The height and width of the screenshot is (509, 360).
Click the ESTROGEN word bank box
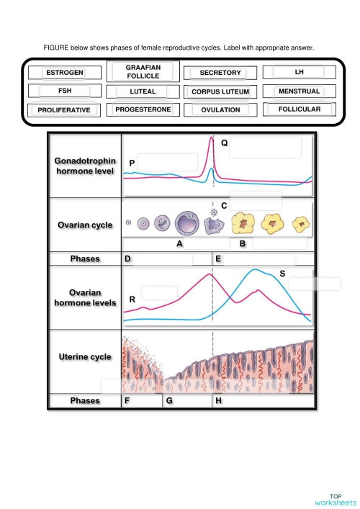coord(64,73)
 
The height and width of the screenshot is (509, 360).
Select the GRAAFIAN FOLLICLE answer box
coord(143,71)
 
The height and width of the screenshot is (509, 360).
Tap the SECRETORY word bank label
coord(220,73)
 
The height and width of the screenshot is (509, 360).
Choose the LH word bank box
coord(299,72)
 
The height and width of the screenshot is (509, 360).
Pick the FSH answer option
coord(64,91)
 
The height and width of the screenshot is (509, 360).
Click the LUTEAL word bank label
coord(143,91)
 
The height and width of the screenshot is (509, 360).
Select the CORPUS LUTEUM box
coord(220,92)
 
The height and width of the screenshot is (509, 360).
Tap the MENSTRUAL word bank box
coord(299,91)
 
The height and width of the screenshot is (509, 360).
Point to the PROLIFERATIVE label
coord(64,110)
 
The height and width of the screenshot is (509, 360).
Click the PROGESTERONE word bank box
coord(143,109)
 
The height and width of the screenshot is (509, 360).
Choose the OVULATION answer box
coord(220,110)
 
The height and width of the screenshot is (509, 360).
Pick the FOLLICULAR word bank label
coord(299,109)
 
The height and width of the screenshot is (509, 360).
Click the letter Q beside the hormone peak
coord(224,143)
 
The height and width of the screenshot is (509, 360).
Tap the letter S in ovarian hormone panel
coord(282,274)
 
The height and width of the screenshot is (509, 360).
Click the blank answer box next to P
coord(167,162)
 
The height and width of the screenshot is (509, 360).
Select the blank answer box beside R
coord(159,293)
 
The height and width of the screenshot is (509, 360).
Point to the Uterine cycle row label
coord(84,357)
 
